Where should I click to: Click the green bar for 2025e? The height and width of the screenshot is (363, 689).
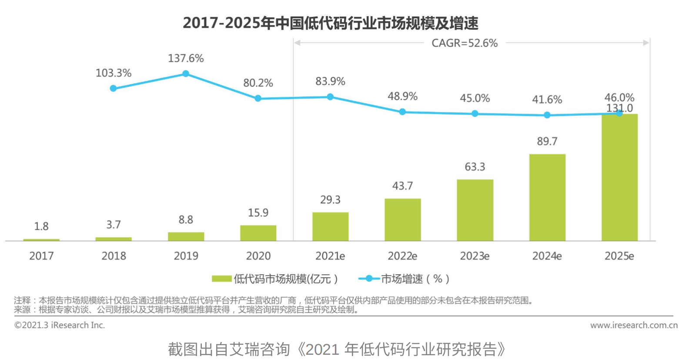click(x=619, y=177)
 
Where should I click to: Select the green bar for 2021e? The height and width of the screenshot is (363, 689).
click(x=330, y=226)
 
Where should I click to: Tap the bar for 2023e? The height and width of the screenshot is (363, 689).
click(x=475, y=210)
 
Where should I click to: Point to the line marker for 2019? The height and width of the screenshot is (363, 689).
click(x=186, y=74)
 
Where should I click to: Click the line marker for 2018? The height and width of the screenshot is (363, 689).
click(x=114, y=88)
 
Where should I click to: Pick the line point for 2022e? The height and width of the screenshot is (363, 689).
click(x=402, y=112)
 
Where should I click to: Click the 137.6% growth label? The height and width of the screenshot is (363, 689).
click(x=186, y=58)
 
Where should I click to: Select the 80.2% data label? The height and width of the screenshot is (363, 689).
click(x=258, y=83)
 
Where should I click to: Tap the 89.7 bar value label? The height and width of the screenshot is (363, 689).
click(x=547, y=141)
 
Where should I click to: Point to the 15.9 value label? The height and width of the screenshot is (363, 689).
click(x=258, y=213)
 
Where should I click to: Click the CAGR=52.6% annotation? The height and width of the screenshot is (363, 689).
click(x=465, y=43)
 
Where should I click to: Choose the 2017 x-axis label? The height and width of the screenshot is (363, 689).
click(x=41, y=256)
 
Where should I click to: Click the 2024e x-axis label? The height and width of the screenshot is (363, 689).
click(x=547, y=256)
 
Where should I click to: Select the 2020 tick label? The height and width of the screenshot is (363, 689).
click(x=258, y=256)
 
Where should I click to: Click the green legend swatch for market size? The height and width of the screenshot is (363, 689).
click(x=221, y=279)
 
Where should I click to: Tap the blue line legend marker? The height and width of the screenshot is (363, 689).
click(x=369, y=279)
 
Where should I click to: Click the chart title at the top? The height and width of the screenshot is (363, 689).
click(x=331, y=23)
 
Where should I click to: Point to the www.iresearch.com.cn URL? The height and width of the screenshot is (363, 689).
click(x=634, y=325)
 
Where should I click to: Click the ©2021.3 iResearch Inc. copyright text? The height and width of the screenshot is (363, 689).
click(x=60, y=325)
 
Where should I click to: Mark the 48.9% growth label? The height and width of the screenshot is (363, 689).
click(x=402, y=96)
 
